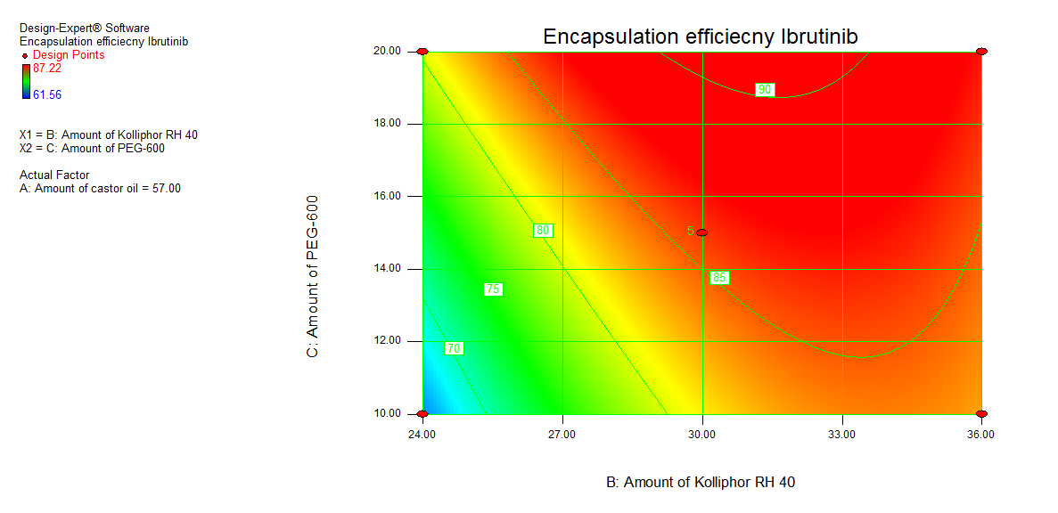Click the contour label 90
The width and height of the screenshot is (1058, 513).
(765, 90)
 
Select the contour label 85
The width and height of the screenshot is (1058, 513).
(719, 278)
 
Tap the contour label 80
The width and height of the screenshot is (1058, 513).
(543, 231)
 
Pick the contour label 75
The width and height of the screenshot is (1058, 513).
(493, 289)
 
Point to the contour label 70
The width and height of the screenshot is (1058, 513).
(454, 348)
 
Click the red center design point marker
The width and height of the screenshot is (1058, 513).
(702, 232)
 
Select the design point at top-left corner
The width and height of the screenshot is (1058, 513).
(422, 52)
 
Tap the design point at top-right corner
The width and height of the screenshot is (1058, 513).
(981, 52)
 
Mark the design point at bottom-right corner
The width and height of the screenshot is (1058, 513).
(981, 414)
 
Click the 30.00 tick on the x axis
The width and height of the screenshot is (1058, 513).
(702, 435)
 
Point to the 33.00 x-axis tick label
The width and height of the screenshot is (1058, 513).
(842, 435)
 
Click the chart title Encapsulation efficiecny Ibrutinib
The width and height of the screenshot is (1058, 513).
(701, 37)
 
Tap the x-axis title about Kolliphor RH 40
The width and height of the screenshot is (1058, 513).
(701, 482)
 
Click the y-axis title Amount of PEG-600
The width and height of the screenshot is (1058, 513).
(313, 277)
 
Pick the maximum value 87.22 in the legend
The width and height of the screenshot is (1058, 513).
(47, 69)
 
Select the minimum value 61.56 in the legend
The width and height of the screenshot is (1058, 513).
(47, 94)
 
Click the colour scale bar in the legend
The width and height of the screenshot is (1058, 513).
(26, 81)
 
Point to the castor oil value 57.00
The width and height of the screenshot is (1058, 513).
(167, 188)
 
